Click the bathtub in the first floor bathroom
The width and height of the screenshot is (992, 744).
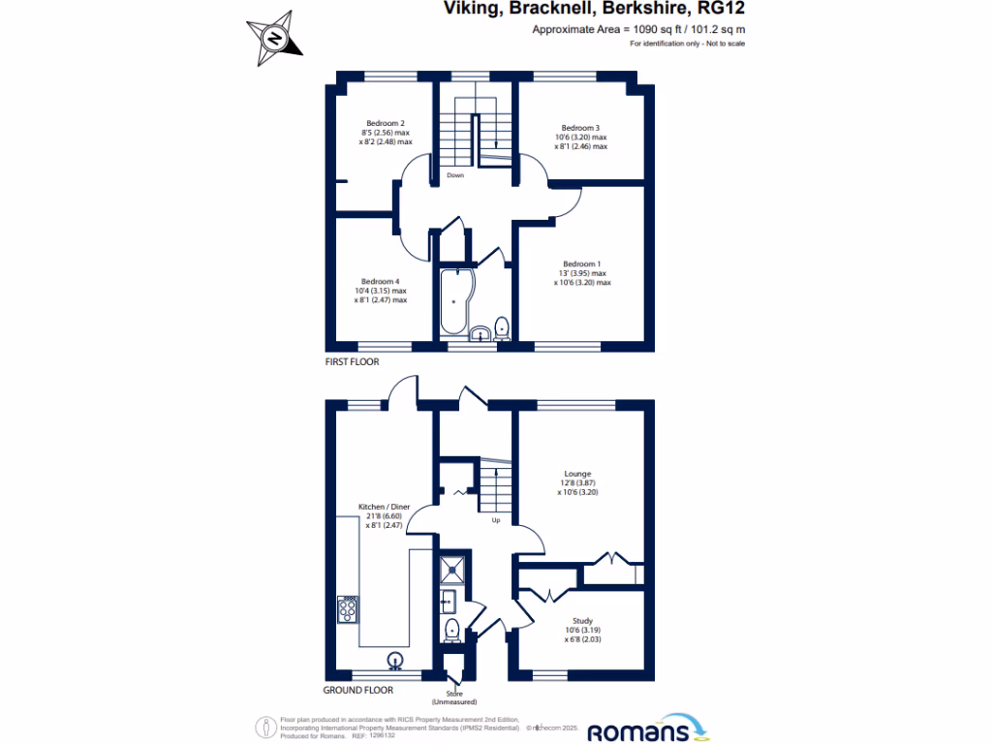point(453,300)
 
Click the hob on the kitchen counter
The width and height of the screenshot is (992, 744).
point(348,609)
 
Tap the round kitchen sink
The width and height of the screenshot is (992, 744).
point(395,662)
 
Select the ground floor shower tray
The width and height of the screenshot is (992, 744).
point(452,569)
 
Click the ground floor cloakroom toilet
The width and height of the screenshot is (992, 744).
point(451,632)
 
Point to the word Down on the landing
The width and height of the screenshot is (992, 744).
point(454,175)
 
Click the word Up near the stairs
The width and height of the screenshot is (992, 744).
point(495,520)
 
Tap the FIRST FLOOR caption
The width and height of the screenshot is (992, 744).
point(352,361)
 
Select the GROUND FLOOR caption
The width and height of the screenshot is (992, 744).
point(358,691)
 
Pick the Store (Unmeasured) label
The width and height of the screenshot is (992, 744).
point(453,697)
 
